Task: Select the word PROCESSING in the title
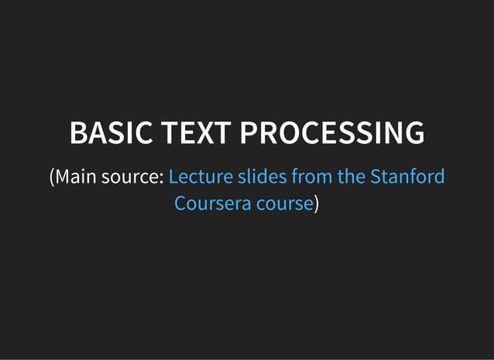point(331,133)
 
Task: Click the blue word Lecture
point(200,177)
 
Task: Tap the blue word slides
point(261,177)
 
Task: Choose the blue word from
point(311,177)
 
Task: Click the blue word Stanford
point(407,177)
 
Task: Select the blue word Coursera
point(210,204)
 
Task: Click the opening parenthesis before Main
point(51,177)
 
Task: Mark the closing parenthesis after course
point(317,204)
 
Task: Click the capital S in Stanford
point(376,177)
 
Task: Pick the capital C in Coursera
point(180,204)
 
